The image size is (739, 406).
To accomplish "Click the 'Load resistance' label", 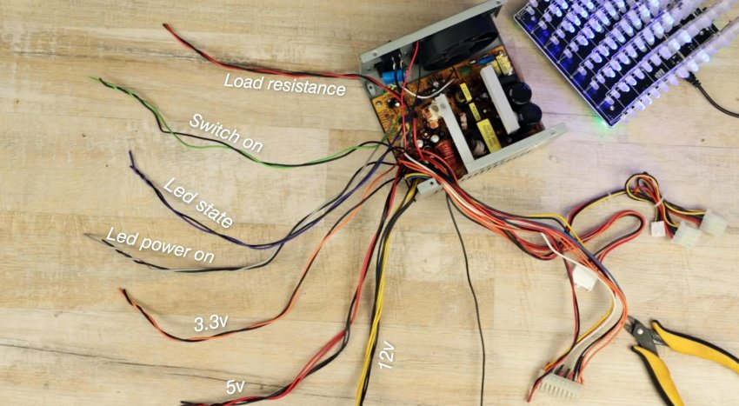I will click(284, 84).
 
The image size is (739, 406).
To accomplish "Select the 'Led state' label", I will click(198, 203).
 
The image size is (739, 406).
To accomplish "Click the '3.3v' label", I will click(210, 324).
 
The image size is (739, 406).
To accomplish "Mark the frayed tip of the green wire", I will click(94, 79).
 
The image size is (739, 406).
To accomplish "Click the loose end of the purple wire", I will click(131, 155).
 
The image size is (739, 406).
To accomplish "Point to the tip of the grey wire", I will click(86, 236).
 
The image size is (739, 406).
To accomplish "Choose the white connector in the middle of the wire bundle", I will click(583, 277).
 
